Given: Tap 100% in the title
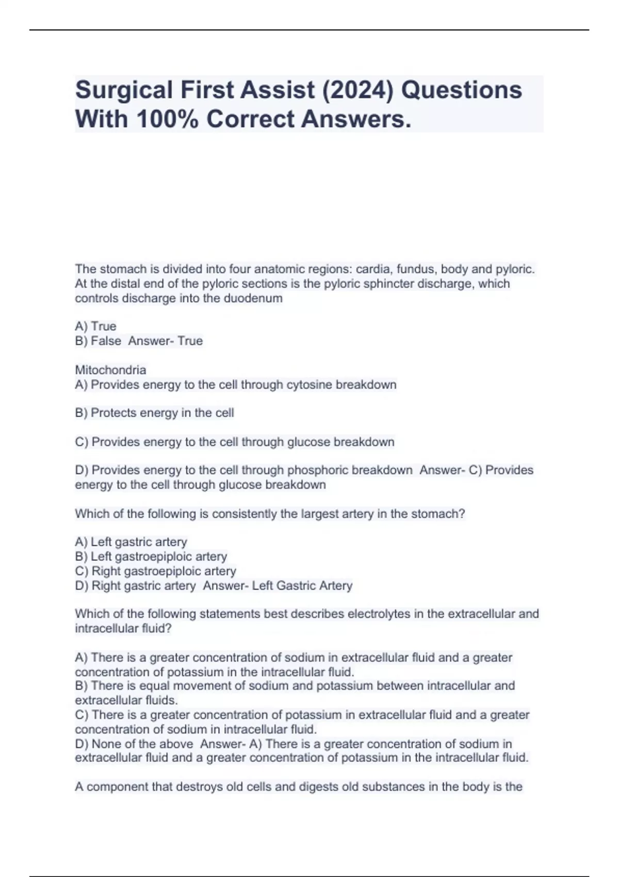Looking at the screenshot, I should tap(167, 119).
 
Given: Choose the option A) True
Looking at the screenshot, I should tap(95, 327).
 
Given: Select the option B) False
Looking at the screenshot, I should tap(98, 341).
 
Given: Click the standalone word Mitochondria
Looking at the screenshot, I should tap(110, 370).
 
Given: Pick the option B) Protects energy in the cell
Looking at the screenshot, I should tap(154, 413).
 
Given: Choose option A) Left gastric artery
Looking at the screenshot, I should tap(131, 542).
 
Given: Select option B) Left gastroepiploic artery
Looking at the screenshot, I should tap(151, 557).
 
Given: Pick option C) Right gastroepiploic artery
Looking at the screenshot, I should tap(155, 571).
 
